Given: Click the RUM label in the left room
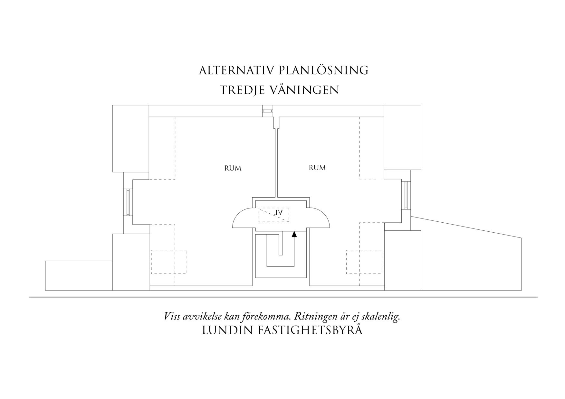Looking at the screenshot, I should pos(233,168).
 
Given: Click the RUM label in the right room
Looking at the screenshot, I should pos(317,168).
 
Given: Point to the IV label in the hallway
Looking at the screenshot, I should pos(279,213).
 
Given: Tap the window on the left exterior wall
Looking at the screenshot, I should pos(128,202).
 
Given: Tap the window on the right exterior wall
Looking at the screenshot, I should pos(406,195).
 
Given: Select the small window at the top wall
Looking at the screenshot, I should pos(267,111).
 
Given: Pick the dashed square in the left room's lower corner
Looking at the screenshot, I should pos(169,262).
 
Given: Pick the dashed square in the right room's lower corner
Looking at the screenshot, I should pos(364,262).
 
